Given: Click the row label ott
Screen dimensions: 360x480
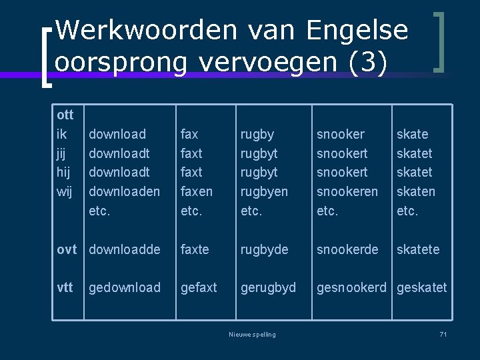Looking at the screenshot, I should (x=65, y=115).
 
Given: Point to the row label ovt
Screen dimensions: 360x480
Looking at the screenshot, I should (x=67, y=249).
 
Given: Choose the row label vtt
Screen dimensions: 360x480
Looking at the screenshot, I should (x=65, y=287).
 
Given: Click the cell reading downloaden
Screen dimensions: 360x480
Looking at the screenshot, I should (x=125, y=191).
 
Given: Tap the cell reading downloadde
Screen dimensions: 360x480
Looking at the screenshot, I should (x=125, y=249).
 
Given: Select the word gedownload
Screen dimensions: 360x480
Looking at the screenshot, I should (x=125, y=287).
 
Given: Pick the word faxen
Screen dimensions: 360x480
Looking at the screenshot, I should (x=197, y=191).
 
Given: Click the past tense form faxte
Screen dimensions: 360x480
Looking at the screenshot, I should (x=195, y=249).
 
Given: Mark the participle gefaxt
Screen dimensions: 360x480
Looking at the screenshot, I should (x=199, y=287).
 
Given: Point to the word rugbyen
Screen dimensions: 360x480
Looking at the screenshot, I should (x=265, y=191).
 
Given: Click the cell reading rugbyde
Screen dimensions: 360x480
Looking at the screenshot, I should (x=265, y=249).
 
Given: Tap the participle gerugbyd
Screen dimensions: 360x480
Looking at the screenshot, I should (x=268, y=287).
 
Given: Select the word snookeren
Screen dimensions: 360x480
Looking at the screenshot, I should (x=347, y=191).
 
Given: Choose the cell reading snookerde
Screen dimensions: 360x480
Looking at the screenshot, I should (x=347, y=249).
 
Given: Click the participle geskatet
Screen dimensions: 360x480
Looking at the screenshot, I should (x=422, y=287).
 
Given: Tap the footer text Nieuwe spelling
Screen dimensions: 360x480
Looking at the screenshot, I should (x=251, y=334).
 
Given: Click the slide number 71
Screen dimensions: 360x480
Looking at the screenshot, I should (x=443, y=334).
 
